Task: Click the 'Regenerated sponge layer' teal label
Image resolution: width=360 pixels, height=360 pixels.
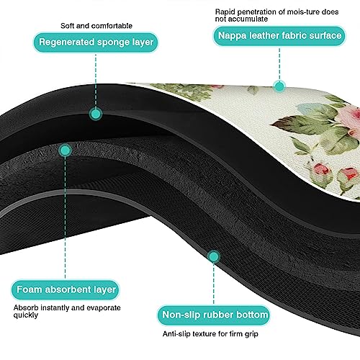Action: tap(96, 42)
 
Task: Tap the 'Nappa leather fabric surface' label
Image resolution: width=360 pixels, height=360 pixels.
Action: tap(279, 36)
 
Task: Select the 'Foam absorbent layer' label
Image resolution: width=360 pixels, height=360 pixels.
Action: tap(66, 289)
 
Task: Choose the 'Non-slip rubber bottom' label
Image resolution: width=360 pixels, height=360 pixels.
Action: tap(213, 315)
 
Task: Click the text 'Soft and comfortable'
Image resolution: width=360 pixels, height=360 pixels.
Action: tap(96, 26)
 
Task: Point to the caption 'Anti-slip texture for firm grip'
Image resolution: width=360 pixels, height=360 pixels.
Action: tap(210, 334)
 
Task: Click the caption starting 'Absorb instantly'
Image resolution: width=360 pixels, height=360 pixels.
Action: tap(67, 311)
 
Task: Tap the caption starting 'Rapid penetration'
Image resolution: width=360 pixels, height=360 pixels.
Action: tap(276, 15)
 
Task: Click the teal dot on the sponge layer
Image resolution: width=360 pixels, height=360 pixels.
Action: tap(96, 114)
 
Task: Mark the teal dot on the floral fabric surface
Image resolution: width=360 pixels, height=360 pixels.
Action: tap(279, 86)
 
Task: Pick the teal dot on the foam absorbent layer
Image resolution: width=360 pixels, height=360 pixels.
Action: tap(65, 150)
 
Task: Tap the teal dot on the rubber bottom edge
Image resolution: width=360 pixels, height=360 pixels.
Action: tap(213, 256)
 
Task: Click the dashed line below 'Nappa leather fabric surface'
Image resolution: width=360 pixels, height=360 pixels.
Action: tap(279, 63)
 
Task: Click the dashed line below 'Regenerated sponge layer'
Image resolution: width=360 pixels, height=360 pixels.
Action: tap(96, 80)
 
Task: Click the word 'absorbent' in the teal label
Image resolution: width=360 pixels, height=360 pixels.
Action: tap(68, 289)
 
